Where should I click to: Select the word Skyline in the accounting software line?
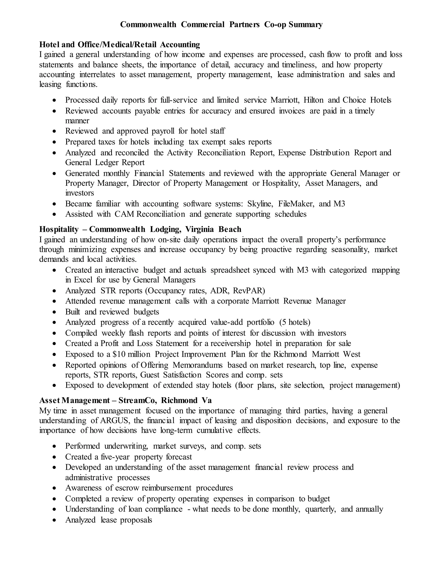point(261,204)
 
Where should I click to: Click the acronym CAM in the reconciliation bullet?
point(124,214)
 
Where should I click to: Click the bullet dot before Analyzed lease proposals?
point(54,520)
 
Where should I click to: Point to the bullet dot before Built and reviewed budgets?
point(54,312)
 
